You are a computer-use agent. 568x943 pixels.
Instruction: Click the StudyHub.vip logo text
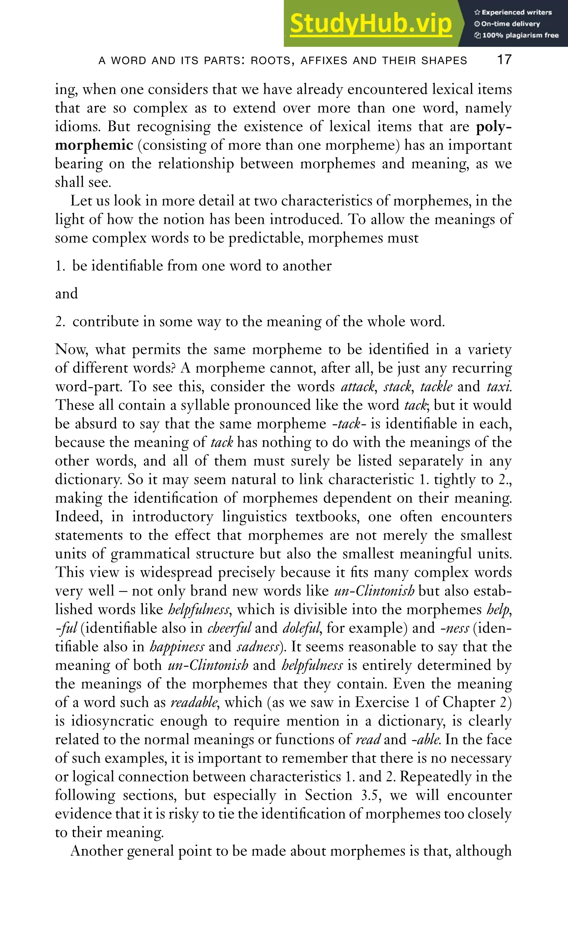[371, 24]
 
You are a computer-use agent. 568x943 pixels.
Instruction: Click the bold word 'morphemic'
[94, 145]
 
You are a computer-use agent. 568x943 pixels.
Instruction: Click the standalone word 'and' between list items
[67, 294]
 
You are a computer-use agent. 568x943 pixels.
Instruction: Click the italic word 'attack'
[357, 387]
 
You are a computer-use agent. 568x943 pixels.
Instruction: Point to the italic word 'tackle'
[436, 387]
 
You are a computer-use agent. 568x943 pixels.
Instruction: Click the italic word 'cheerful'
[229, 628]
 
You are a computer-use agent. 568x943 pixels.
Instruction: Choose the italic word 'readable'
[194, 703]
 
